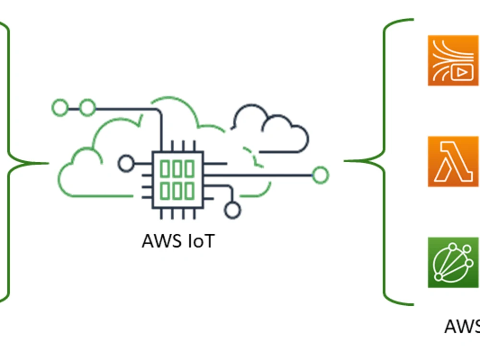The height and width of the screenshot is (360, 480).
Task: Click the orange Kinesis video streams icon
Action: point(454,60)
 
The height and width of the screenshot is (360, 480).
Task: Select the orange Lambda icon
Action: point(454,161)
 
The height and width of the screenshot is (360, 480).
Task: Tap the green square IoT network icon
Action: point(454,263)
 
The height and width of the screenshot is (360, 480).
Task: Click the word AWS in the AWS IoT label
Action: point(162,241)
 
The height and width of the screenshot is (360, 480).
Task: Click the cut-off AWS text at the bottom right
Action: point(462,326)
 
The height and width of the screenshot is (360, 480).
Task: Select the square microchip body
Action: point(178,180)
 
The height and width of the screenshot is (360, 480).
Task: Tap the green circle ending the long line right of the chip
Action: point(321,175)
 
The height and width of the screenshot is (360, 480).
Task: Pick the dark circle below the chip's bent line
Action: point(233,210)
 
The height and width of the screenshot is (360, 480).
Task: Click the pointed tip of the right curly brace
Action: point(344,161)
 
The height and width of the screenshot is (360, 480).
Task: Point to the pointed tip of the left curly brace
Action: point(48,164)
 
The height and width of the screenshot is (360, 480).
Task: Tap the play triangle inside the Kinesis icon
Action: point(462,72)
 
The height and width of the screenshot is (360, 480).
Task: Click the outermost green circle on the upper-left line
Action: point(60,108)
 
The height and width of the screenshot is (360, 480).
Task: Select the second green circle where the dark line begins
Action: point(87,108)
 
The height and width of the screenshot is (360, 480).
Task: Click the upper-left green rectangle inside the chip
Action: point(165,169)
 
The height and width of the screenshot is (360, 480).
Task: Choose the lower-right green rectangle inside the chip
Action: point(190,191)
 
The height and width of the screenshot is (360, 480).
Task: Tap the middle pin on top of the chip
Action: point(183,146)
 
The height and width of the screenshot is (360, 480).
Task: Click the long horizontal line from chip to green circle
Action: point(258,175)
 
